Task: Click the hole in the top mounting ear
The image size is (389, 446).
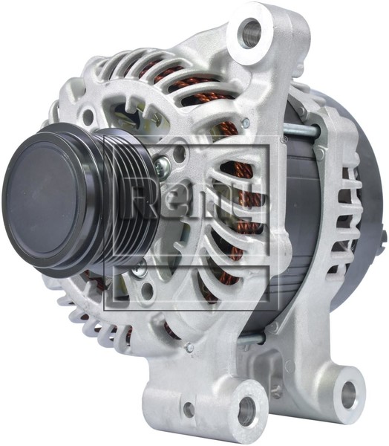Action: point(251,32)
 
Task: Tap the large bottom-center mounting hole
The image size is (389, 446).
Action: point(244,410)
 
